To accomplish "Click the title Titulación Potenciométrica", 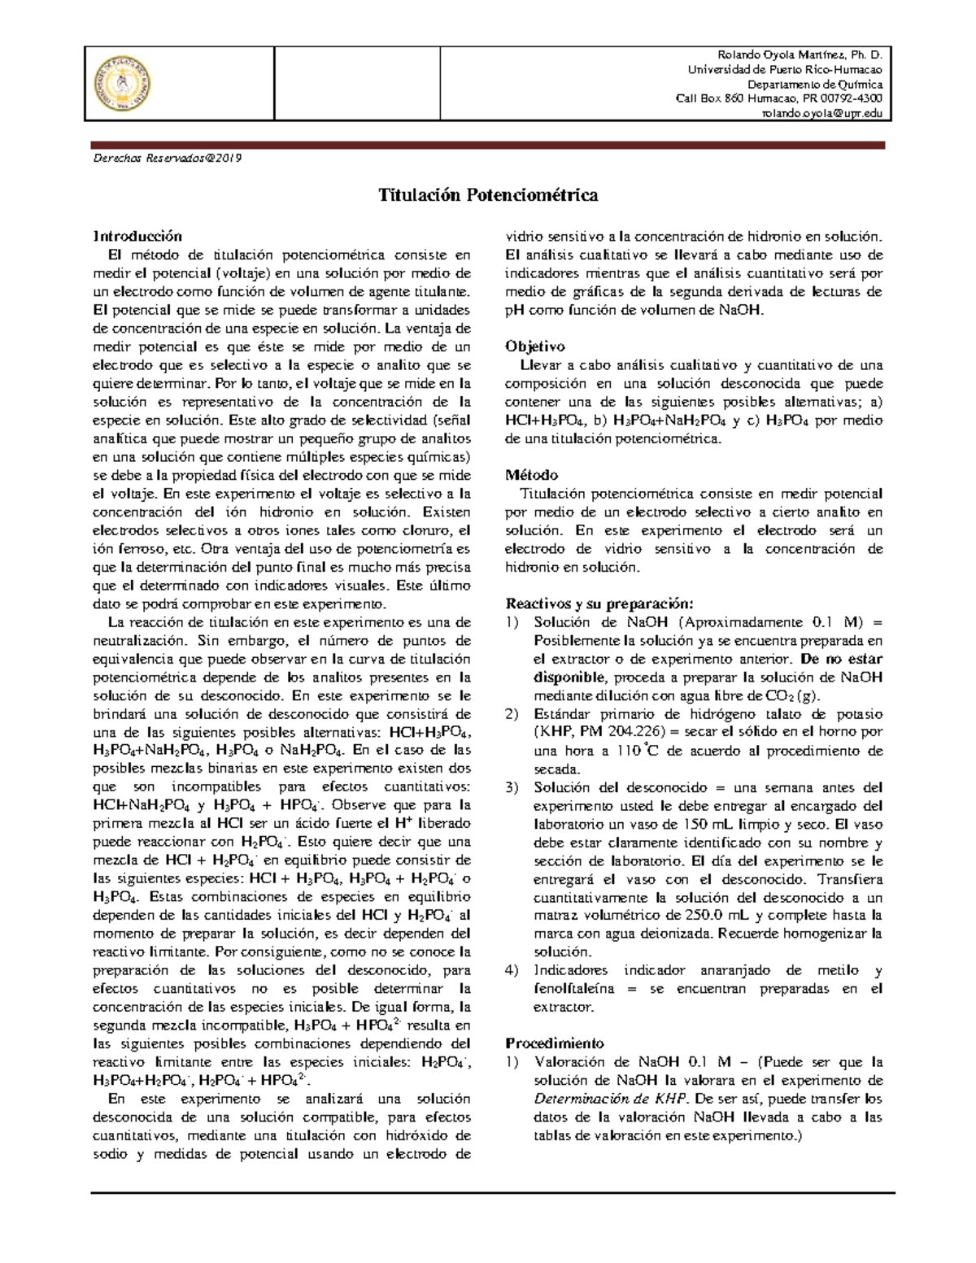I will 487,195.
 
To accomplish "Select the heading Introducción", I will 137,237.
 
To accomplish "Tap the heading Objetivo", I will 534,346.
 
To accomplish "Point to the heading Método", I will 531,475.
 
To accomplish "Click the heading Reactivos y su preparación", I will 599,603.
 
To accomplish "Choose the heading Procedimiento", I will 554,1043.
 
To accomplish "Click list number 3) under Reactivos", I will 511,787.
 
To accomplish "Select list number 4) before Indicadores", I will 511,970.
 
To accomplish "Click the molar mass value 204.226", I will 636,732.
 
